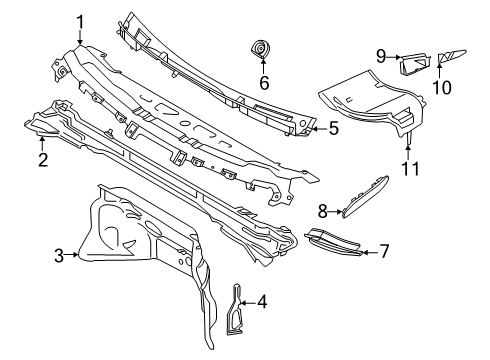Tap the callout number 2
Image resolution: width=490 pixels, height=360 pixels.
pos(43,158)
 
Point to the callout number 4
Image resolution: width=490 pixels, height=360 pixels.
pos(263,300)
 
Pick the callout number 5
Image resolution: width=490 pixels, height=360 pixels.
pos(334,128)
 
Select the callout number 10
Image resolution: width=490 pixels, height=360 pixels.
pos(441,88)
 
